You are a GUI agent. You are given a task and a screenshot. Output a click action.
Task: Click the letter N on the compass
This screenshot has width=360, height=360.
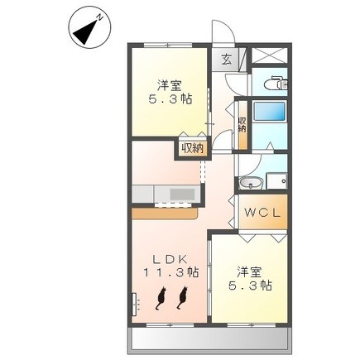click(x=99, y=17)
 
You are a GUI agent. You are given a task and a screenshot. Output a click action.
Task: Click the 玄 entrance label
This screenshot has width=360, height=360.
click(x=227, y=60)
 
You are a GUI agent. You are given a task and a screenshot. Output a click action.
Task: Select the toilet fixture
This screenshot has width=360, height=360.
click(x=276, y=83)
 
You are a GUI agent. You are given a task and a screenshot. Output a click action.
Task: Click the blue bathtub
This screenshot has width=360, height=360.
click(x=269, y=112)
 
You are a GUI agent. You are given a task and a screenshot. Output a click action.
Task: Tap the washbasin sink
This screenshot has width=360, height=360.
click(x=251, y=183)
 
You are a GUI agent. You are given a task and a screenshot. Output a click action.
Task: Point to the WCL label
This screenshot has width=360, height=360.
click(x=262, y=213)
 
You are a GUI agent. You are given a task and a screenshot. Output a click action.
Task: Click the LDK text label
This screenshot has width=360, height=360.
click(x=170, y=259)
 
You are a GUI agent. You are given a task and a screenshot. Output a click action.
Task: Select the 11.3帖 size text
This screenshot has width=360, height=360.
click(x=170, y=272)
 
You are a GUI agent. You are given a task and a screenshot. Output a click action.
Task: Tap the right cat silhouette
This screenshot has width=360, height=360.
click(x=182, y=297)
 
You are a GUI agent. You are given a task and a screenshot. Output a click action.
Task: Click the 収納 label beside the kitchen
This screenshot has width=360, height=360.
click(x=192, y=149)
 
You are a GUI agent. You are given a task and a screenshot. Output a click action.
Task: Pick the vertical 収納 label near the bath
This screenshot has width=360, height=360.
click(x=242, y=125)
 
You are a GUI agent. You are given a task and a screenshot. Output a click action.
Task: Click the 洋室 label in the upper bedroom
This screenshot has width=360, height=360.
click(x=170, y=85)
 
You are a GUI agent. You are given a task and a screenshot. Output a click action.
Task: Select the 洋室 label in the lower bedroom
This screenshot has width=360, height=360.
click(x=249, y=272)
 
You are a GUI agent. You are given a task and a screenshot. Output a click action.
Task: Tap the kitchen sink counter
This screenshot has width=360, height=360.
click(x=166, y=194)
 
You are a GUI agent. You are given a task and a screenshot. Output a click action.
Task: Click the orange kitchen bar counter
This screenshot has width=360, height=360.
click(x=165, y=214)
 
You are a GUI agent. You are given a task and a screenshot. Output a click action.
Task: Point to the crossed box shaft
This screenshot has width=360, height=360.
click(x=269, y=55)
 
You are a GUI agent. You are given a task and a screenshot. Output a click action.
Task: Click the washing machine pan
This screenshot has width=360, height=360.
click(x=276, y=181)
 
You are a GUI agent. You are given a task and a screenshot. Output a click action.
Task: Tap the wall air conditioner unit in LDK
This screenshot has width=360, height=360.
click(x=134, y=304)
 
